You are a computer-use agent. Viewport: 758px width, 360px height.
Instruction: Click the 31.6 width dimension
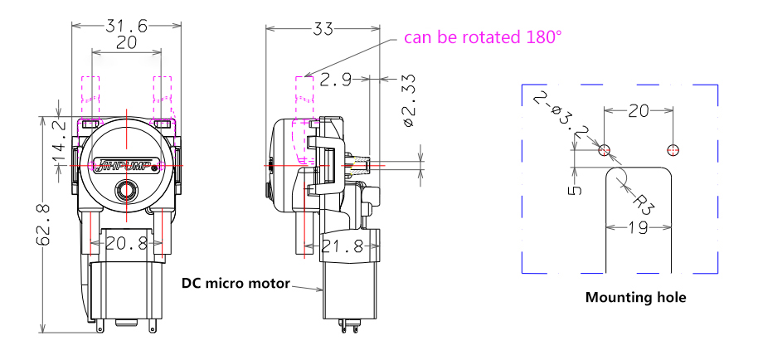tap(126, 27)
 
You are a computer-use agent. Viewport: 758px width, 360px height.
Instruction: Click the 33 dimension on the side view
tap(323, 29)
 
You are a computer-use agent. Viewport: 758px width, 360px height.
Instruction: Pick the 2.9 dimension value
tap(337, 80)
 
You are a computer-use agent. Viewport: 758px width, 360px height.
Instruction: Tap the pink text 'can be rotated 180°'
tap(483, 37)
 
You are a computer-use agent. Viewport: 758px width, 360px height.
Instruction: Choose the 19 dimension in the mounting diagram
tap(638, 227)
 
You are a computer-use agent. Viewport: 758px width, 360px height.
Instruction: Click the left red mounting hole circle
tap(605, 149)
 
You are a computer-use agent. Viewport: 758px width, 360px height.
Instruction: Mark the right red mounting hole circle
tap(673, 149)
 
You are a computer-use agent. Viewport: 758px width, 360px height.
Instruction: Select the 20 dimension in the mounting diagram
tap(638, 110)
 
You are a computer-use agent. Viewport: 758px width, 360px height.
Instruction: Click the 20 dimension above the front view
tap(126, 44)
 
